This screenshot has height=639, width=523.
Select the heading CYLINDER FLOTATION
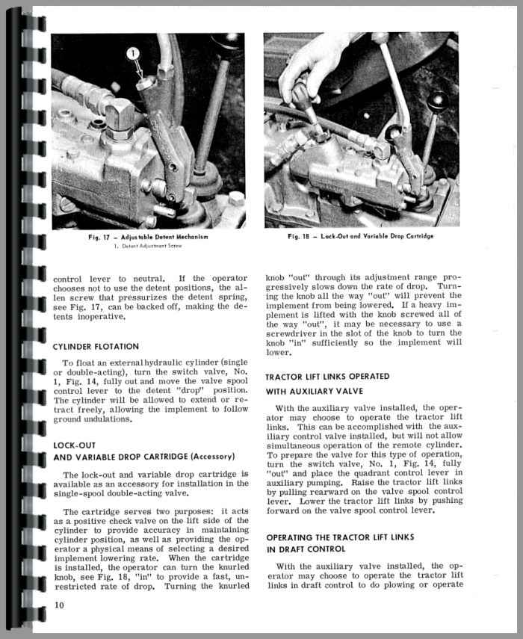pyautogui.click(x=96, y=346)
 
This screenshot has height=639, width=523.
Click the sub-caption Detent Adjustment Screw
pyautogui.click(x=156, y=245)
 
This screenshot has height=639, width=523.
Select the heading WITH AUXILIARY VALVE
pyautogui.click(x=315, y=390)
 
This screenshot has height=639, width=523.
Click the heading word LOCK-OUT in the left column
pyautogui.click(x=74, y=445)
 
